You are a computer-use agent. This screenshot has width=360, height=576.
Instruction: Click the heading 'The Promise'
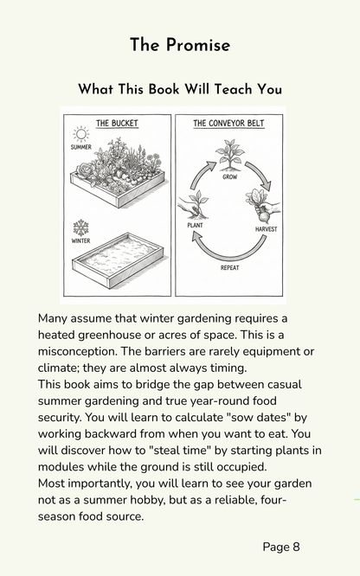coord(180,45)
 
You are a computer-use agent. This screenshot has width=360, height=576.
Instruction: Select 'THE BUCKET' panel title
coord(117,123)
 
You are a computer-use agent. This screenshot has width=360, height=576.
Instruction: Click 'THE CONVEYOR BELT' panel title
coord(228,123)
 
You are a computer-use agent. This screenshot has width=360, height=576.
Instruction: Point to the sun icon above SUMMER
coord(80,134)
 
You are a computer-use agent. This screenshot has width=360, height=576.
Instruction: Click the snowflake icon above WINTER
coord(80,227)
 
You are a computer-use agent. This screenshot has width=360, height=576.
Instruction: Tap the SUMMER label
coord(80,147)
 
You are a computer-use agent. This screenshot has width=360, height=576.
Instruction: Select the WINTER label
coord(80,241)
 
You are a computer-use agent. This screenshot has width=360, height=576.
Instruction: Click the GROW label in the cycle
coord(230,177)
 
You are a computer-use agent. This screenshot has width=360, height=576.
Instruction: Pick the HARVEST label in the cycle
coord(267,229)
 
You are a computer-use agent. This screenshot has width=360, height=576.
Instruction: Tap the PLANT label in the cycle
coord(195,225)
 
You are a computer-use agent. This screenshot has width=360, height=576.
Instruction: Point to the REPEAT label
coord(230,268)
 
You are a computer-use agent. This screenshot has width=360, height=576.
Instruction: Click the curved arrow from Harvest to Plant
coord(228,254)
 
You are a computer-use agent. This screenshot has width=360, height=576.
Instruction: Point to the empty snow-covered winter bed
coord(119,259)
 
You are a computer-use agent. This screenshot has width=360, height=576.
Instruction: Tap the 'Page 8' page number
coord(281,547)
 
